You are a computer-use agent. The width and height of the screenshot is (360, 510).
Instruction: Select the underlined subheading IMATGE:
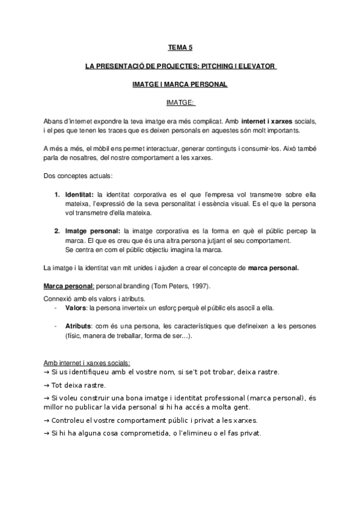[x=180, y=103]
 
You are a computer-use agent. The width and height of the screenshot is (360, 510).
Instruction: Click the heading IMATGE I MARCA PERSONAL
[x=180, y=84]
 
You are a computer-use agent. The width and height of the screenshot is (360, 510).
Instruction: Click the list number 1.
[x=57, y=195]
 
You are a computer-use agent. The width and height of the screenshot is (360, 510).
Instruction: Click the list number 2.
[x=57, y=231]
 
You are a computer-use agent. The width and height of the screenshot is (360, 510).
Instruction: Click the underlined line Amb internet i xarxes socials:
[x=87, y=363]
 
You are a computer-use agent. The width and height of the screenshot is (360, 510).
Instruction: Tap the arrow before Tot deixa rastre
[x=46, y=385]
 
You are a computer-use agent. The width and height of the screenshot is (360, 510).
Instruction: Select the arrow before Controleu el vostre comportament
[x=46, y=420]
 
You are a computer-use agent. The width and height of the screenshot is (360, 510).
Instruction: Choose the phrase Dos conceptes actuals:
[x=73, y=176]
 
